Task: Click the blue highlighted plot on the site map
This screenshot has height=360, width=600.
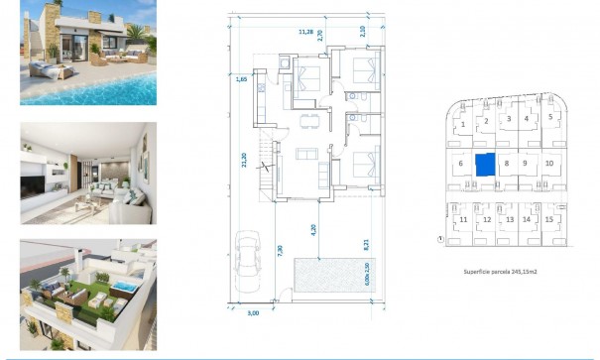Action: pyautogui.click(x=484, y=165)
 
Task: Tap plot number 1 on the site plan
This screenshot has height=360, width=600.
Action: pyautogui.click(x=462, y=125)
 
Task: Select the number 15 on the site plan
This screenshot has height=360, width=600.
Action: pyautogui.click(x=547, y=219)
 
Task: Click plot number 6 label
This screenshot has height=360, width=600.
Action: pyautogui.click(x=461, y=164)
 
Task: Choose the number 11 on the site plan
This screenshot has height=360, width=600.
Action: pyautogui.click(x=463, y=219)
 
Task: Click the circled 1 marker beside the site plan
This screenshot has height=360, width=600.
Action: pyautogui.click(x=439, y=239)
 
